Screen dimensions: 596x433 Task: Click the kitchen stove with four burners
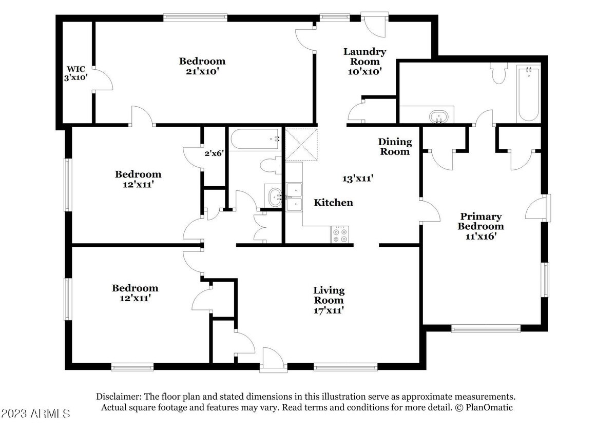(340, 234)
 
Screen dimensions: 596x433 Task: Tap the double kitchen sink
(294, 197)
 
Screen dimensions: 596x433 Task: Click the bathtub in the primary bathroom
(528, 93)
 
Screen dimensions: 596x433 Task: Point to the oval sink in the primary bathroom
(438, 116)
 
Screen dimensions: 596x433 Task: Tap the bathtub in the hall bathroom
(255, 140)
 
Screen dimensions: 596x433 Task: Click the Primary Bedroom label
(481, 222)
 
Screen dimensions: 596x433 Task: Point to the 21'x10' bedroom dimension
(202, 71)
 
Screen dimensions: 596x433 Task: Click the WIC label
(76, 69)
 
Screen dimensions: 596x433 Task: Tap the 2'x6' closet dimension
(214, 153)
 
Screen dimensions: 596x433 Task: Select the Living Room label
(329, 295)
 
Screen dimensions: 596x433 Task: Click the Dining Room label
(395, 147)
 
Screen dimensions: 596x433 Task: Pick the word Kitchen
(333, 203)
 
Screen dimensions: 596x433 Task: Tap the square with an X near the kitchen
(301, 145)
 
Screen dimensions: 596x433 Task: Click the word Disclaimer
(119, 397)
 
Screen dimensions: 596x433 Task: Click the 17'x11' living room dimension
(329, 310)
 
